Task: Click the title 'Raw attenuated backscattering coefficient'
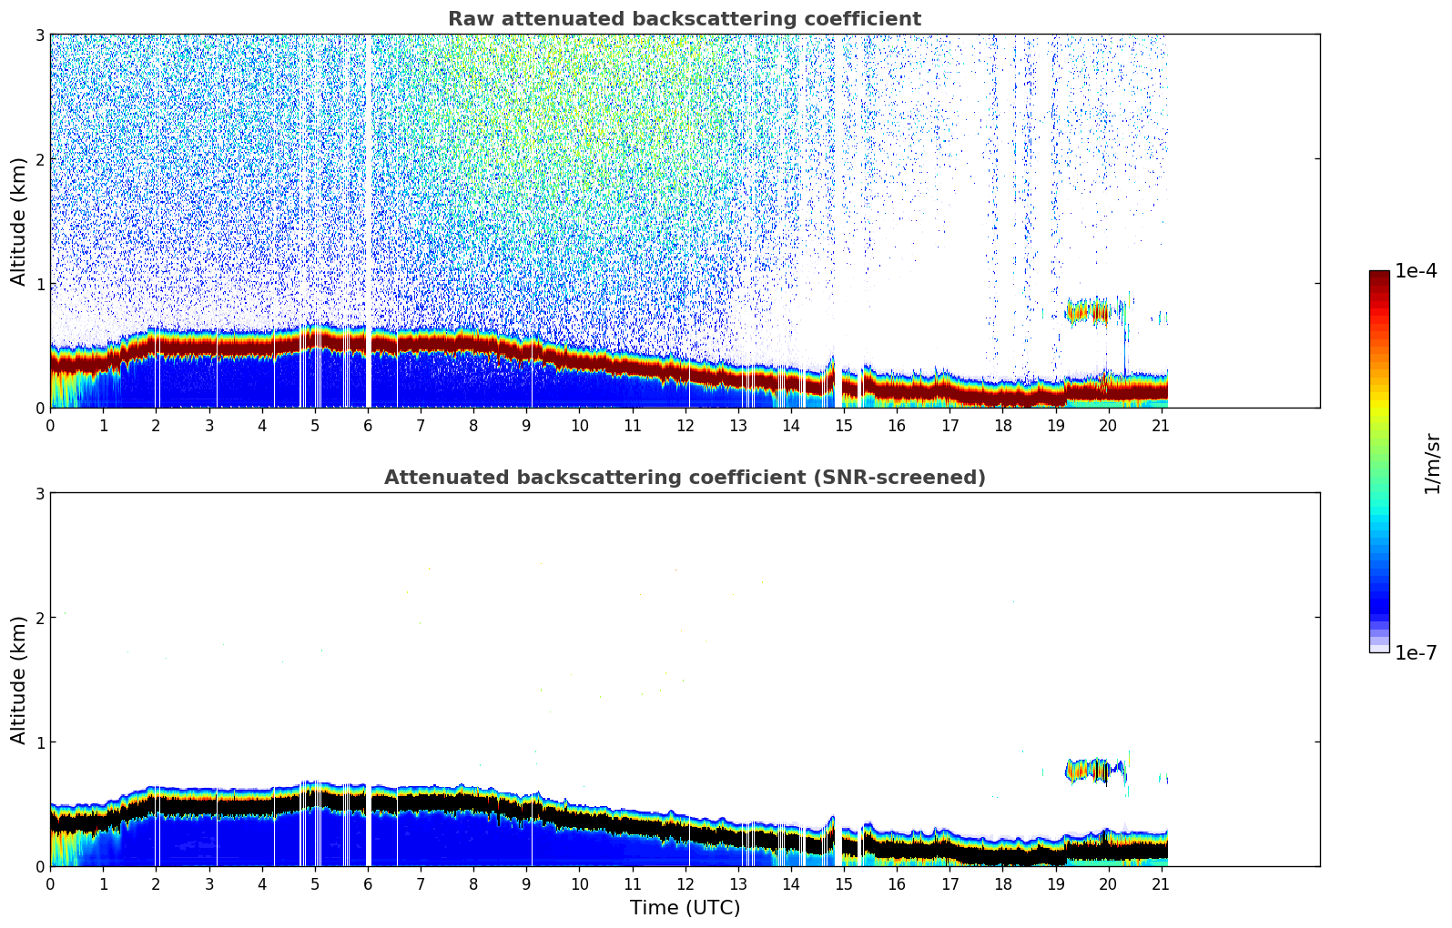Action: (685, 19)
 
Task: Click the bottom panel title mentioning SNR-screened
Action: (685, 478)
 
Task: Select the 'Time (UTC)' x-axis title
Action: (685, 908)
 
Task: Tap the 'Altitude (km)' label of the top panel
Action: (19, 221)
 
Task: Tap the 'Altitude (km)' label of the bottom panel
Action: (19, 680)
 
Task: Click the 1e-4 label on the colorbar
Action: (1416, 271)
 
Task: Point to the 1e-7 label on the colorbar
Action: (1416, 652)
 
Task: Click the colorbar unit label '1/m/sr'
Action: (1432, 464)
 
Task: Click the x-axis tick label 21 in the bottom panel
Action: (1161, 883)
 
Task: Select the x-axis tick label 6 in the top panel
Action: (368, 425)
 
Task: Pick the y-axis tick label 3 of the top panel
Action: (40, 35)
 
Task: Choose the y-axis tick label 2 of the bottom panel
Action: (40, 618)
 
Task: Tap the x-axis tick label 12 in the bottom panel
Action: (685, 883)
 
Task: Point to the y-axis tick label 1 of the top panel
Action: (40, 284)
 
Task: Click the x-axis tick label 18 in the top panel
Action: (1002, 425)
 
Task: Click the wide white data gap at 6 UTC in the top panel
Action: (368, 218)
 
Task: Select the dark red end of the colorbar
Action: (1379, 277)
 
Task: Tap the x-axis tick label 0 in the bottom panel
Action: (50, 883)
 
